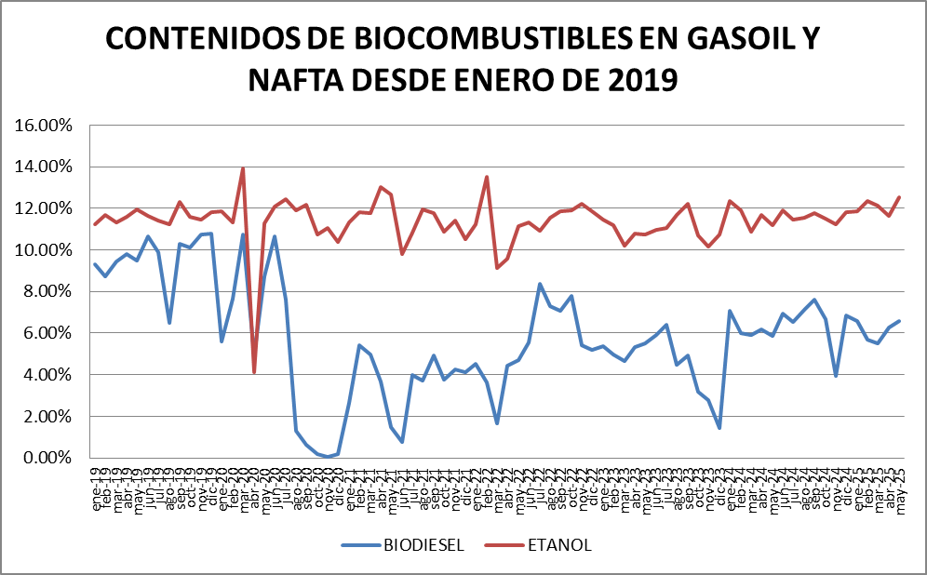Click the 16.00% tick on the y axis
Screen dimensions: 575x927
click(x=47, y=126)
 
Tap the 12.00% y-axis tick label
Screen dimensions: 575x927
click(x=47, y=208)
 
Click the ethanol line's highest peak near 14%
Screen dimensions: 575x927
click(x=243, y=168)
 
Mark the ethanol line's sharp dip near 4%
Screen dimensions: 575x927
click(x=254, y=372)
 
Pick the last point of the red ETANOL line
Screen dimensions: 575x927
click(x=900, y=196)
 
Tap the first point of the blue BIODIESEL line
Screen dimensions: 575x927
click(x=95, y=264)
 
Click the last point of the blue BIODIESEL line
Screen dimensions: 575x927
click(x=900, y=321)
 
